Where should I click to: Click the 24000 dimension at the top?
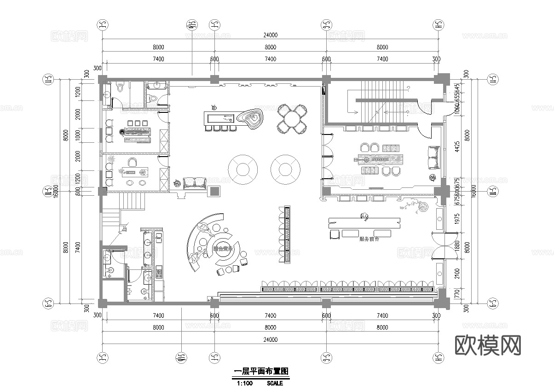(x=270, y=35)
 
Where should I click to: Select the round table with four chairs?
(x=292, y=119)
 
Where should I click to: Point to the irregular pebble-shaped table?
(x=252, y=118)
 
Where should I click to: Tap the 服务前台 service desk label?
(x=369, y=239)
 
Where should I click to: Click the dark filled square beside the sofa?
(x=214, y=191)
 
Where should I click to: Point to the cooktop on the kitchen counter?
(x=159, y=271)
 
